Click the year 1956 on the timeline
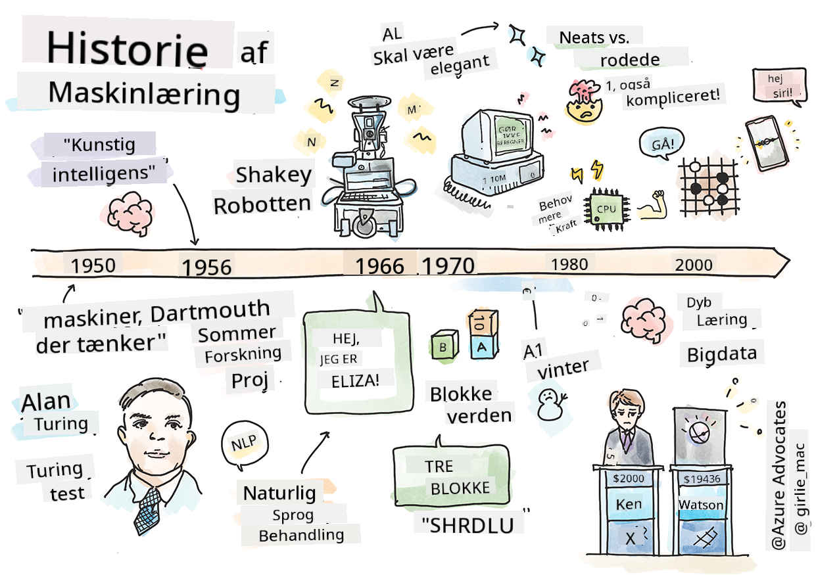coord(206,267)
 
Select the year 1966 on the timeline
coord(379,265)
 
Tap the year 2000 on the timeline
coord(693,265)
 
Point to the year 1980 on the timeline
coord(569,264)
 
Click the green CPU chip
coord(605,208)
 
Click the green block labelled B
coord(443,344)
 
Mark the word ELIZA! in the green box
coord(350,379)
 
